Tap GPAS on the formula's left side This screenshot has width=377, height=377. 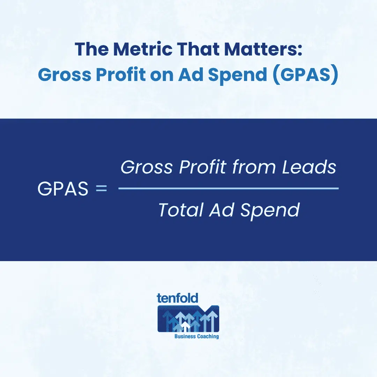coord(63,189)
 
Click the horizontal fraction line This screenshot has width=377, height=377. coord(228,188)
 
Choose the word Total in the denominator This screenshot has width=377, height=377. coord(180,210)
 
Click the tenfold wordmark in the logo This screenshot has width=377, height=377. coord(177,298)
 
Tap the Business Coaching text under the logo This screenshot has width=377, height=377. coord(197,337)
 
